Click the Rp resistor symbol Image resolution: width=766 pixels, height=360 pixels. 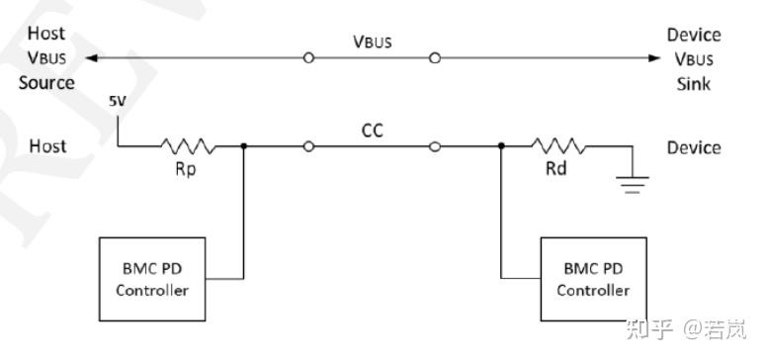coord(187,146)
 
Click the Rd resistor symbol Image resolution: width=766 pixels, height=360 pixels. coord(558,146)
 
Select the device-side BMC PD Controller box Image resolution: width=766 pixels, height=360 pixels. coord(593,279)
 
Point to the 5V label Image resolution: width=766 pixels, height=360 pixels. coord(118,102)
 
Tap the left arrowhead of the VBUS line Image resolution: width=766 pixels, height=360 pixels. coord(92,58)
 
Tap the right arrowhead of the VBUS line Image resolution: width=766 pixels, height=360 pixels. coord(653,58)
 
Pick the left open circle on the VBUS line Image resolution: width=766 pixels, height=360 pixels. coord(308,58)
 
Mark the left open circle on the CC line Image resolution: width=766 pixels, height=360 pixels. coord(308,146)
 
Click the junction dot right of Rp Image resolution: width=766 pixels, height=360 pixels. coord(243,146)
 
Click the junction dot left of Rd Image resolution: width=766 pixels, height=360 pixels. coord(502,146)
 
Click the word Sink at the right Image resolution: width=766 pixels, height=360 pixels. coord(694,82)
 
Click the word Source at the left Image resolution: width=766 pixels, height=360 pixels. coord(46,82)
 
